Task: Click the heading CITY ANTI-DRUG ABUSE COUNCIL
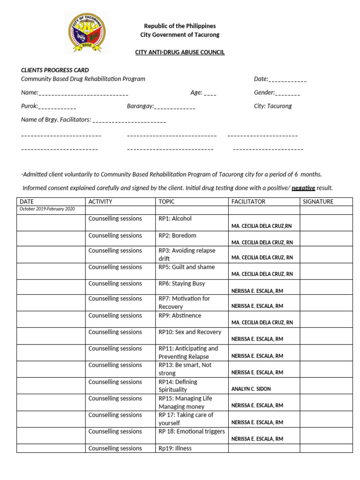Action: pos(180,52)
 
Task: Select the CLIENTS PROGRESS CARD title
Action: pos(55,70)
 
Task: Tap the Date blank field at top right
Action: pos(287,79)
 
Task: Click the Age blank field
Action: pos(210,93)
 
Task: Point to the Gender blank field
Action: pos(287,93)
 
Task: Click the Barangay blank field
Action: pos(175,106)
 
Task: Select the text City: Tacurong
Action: pos(273,106)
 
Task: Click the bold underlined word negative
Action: pos(303,188)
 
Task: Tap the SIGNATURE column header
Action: pos(318,202)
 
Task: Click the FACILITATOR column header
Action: pos(248,202)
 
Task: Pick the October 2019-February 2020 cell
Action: pos(47,209)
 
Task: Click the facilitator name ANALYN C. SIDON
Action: pos(251,389)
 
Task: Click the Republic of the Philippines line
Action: pos(180,26)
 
